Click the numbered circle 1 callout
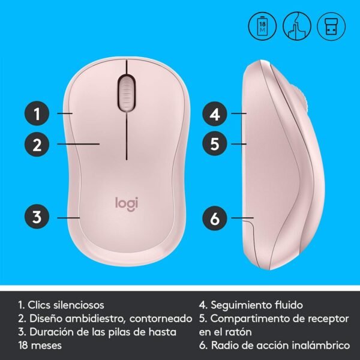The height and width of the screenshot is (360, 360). pos(37,113)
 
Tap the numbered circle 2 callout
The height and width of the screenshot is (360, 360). pos(37,144)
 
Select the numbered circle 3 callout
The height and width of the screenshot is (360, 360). pos(37,217)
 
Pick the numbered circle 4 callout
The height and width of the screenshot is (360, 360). pos(214,113)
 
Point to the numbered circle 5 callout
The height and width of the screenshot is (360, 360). pos(214,144)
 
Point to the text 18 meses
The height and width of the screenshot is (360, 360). pos(40,346)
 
